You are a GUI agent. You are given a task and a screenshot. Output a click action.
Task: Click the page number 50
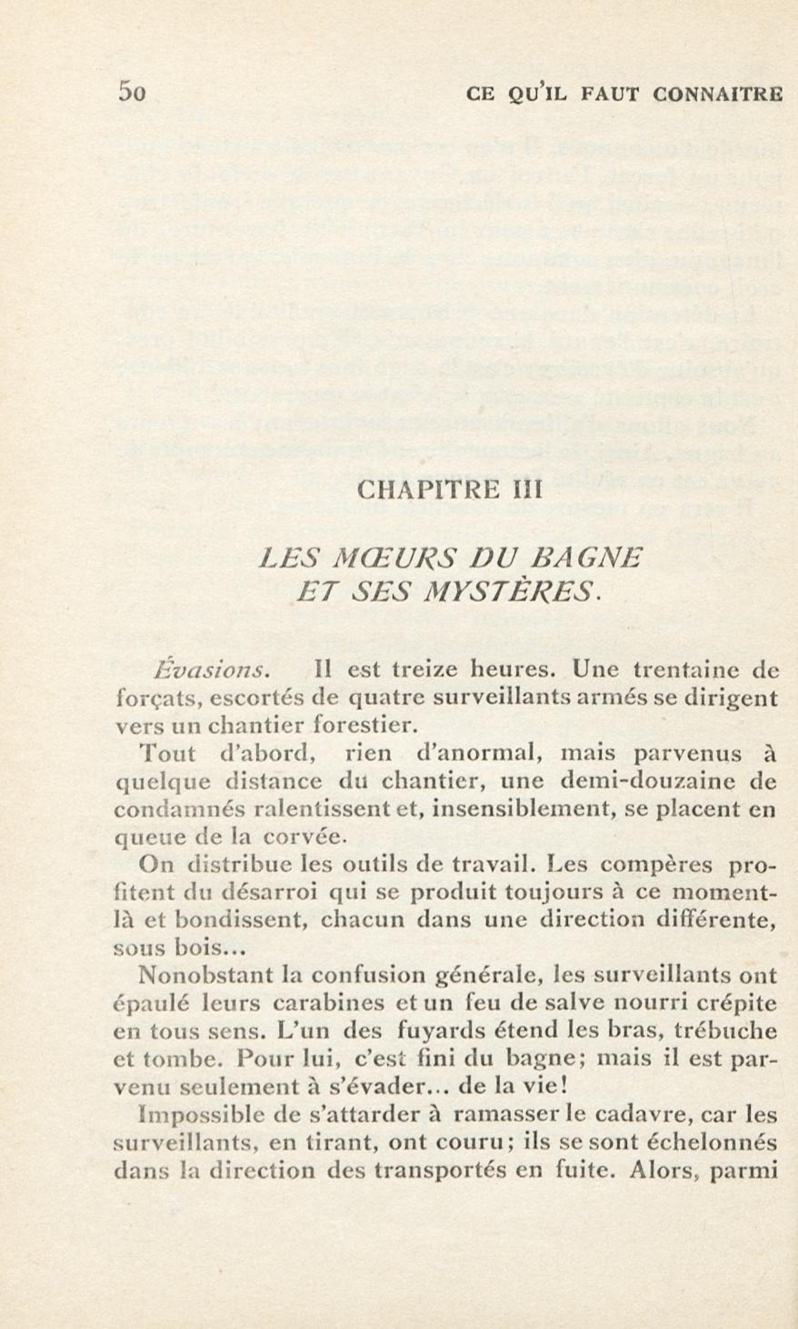132,93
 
